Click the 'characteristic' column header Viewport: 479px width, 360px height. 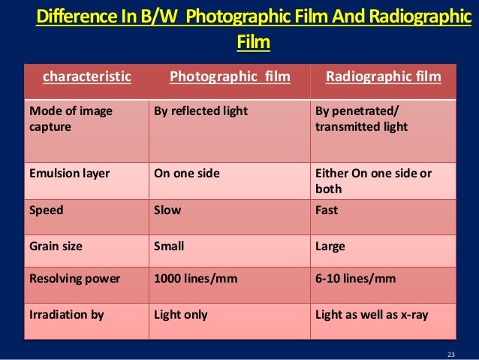[x=86, y=76]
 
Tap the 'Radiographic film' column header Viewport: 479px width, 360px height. [x=383, y=76]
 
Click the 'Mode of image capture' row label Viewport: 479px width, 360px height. [x=71, y=119]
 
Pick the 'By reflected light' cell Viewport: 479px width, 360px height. [x=200, y=111]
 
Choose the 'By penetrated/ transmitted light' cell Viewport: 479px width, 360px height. [x=362, y=119]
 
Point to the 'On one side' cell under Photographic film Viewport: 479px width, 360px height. [x=186, y=173]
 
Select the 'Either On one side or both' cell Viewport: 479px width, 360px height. [x=373, y=180]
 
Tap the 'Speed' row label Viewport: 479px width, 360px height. [x=46, y=210]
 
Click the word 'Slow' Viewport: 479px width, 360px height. [x=167, y=210]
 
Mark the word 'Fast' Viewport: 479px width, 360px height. [x=327, y=210]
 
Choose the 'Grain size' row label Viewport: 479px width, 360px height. [x=56, y=244]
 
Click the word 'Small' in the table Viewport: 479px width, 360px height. [x=169, y=244]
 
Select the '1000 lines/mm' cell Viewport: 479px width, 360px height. [x=195, y=279]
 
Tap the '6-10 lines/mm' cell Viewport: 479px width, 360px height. [x=355, y=279]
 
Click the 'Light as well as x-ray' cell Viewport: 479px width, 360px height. [x=372, y=314]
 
